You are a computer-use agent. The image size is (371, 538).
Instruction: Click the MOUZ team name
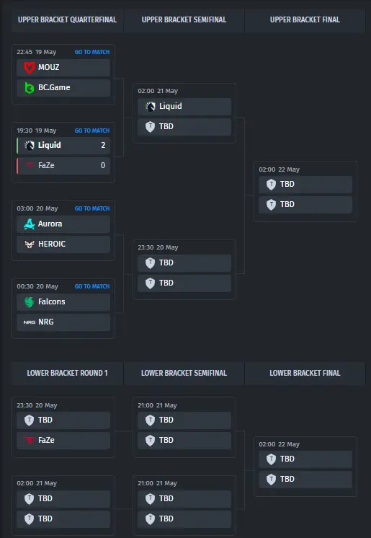pyautogui.click(x=49, y=67)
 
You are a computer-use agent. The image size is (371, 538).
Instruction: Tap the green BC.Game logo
pyautogui.click(x=30, y=88)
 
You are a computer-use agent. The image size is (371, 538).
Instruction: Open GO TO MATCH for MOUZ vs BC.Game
pyautogui.click(x=92, y=52)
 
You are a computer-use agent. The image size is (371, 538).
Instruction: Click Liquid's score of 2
pyautogui.click(x=103, y=145)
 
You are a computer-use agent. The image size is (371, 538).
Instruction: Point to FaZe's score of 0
pyautogui.click(x=103, y=165)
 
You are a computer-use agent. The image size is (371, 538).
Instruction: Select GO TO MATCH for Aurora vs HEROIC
pyautogui.click(x=92, y=208)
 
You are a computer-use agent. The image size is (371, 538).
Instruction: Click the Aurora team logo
pyautogui.click(x=30, y=224)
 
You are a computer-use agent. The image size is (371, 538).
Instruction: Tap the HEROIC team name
pyautogui.click(x=52, y=244)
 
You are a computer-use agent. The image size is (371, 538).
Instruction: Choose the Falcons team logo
pyautogui.click(x=30, y=302)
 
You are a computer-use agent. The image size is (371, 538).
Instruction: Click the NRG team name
pyautogui.click(x=46, y=322)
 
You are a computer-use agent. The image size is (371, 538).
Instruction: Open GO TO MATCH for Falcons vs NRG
pyautogui.click(x=92, y=286)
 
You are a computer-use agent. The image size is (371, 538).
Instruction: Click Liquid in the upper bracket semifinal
pyautogui.click(x=171, y=106)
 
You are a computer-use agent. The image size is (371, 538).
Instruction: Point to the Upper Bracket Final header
pyautogui.click(x=305, y=20)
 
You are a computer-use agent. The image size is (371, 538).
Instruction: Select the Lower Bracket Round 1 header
pyautogui.click(x=67, y=373)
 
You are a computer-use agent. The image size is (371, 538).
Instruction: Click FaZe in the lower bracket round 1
pyautogui.click(x=46, y=440)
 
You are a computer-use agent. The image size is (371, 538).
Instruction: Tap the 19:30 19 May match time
pyautogui.click(x=36, y=131)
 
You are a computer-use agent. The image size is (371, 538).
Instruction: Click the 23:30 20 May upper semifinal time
pyautogui.click(x=158, y=247)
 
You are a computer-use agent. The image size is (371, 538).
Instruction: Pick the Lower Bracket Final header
pyautogui.click(x=305, y=373)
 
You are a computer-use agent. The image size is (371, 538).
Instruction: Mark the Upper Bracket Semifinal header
pyautogui.click(x=184, y=20)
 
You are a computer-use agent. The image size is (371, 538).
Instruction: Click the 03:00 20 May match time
pyautogui.click(x=37, y=208)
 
